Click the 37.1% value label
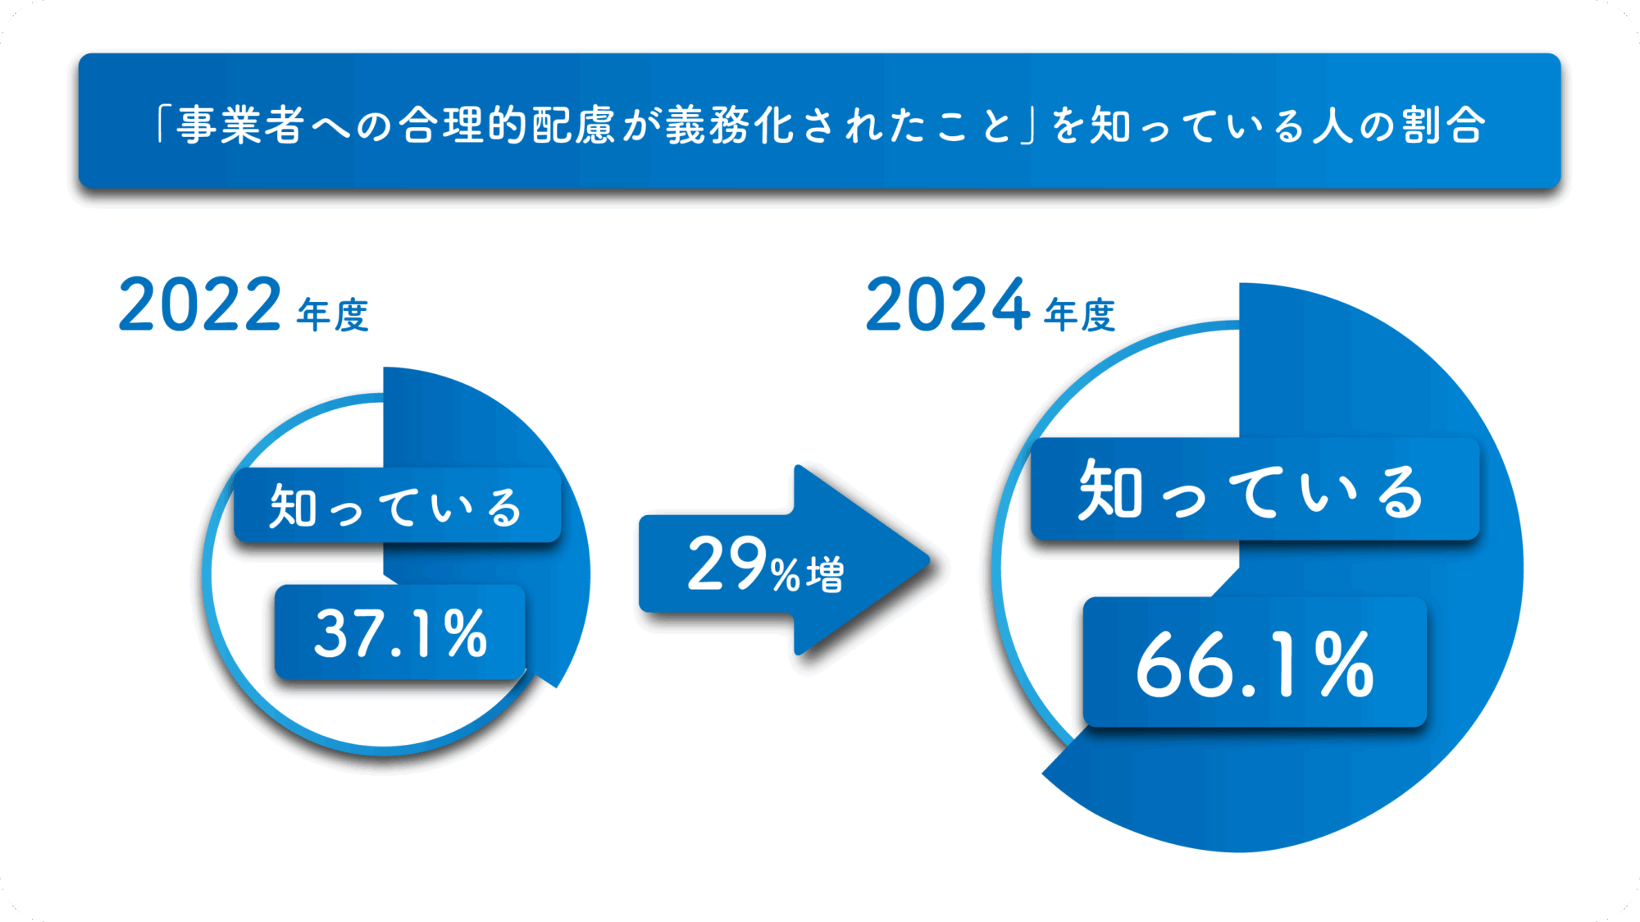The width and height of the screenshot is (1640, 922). pyautogui.click(x=400, y=633)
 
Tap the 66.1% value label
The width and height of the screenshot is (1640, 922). pyautogui.click(x=1255, y=664)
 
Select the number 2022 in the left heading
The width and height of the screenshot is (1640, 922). pyautogui.click(x=200, y=305)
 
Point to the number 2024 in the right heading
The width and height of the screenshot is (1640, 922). pyautogui.click(x=947, y=305)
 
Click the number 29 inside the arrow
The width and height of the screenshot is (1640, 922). pyautogui.click(x=727, y=564)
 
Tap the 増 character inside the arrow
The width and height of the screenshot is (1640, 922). pyautogui.click(x=824, y=573)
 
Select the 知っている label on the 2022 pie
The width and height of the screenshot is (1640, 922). pyautogui.click(x=397, y=506)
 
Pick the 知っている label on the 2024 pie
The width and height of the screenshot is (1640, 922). pyautogui.click(x=1252, y=491)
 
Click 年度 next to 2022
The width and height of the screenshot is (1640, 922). pyautogui.click(x=333, y=315)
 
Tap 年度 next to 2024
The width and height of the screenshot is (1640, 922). pyautogui.click(x=1080, y=315)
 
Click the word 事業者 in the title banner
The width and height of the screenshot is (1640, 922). pyautogui.click(x=240, y=125)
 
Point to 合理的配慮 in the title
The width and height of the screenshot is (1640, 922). pyautogui.click(x=506, y=125)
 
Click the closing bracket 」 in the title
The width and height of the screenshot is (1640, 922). pyautogui.click(x=1029, y=126)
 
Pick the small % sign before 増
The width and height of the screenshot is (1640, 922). pyautogui.click(x=785, y=573)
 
